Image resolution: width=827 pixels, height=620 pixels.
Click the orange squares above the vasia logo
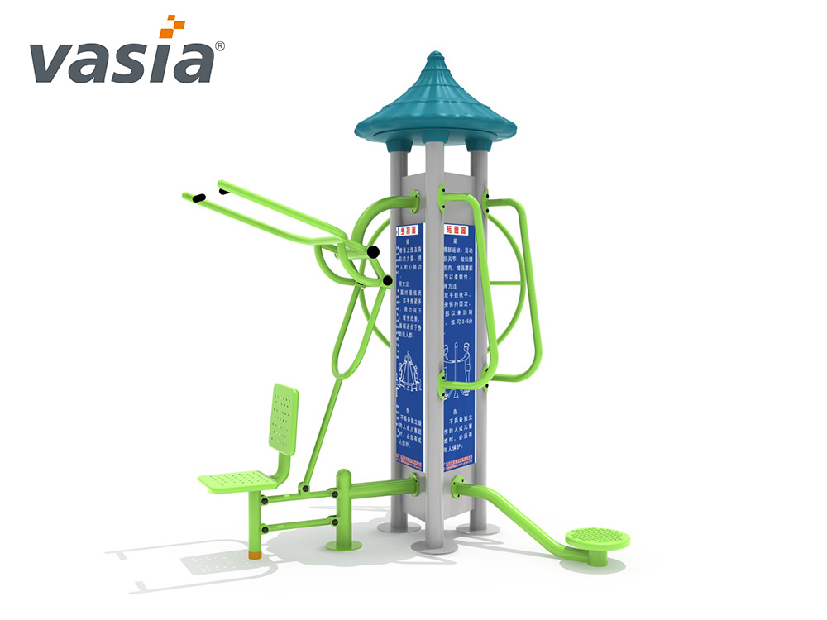[170, 26]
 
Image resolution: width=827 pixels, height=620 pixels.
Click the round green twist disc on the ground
[597, 539]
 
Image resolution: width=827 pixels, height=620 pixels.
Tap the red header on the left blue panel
[407, 231]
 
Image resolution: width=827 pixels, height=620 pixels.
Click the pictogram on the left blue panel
[409, 368]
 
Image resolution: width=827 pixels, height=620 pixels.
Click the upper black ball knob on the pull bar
[373, 251]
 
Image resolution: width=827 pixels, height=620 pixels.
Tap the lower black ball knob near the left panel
[387, 281]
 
